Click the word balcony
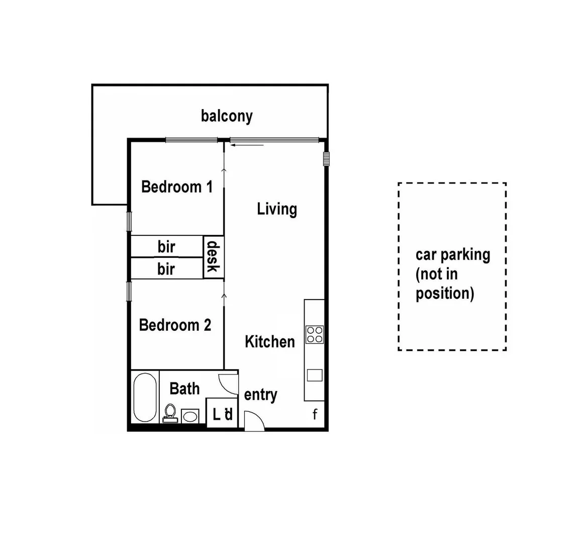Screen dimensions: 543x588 click(227, 116)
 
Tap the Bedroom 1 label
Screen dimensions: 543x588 click(177, 187)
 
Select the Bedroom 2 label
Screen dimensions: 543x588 click(175, 325)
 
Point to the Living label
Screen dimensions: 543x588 click(277, 209)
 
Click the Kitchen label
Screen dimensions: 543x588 click(270, 342)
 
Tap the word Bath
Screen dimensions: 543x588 click(184, 389)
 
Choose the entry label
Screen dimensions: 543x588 click(260, 395)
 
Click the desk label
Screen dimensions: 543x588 click(213, 256)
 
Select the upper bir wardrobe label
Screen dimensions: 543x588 click(166, 247)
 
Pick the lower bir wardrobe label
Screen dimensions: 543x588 click(166, 269)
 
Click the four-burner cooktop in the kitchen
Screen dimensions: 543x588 click(315, 334)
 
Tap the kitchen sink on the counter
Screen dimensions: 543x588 click(315, 375)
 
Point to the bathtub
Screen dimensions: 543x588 click(145, 398)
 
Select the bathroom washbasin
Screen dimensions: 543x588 click(189, 416)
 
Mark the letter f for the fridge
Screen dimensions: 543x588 click(315, 414)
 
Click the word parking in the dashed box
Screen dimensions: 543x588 click(465, 254)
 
